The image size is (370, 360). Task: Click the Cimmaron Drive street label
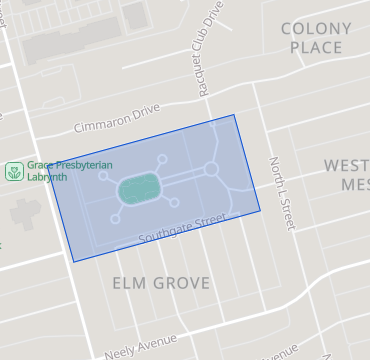pos(118,118)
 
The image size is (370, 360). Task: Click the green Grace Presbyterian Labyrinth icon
pos(13,171)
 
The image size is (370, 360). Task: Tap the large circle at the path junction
pos(211,169)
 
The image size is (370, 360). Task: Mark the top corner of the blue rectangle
pos(235,114)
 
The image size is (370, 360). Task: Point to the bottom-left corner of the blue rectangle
pos(73,262)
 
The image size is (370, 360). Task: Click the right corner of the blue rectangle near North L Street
pos(260,211)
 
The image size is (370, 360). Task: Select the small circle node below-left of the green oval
pos(115,217)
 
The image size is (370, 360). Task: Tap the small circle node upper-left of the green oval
pos(104,176)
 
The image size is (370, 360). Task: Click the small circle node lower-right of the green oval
pos(175,202)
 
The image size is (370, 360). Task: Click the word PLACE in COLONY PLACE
pos(316,47)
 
